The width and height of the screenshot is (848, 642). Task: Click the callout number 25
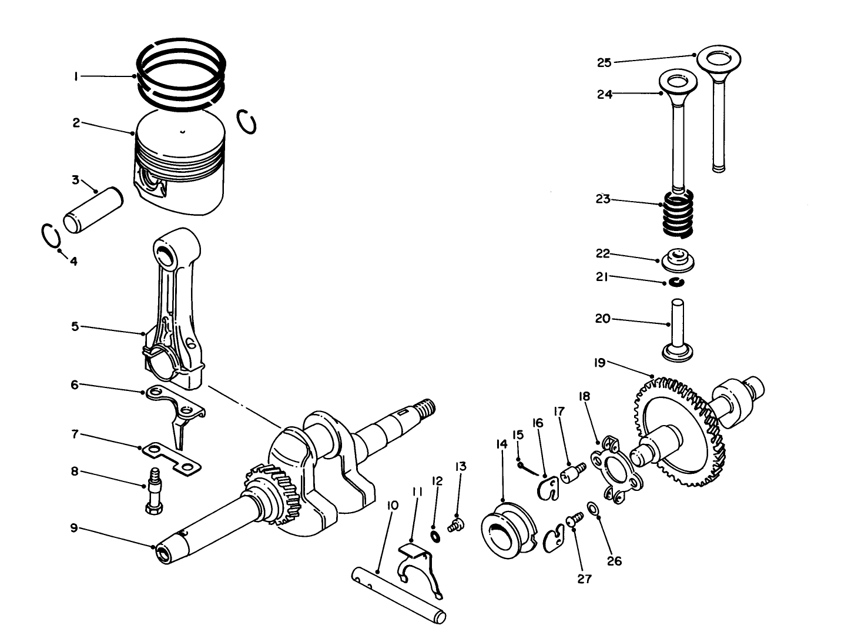604,62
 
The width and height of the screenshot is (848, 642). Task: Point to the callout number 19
599,363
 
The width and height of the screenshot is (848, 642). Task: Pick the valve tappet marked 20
679,332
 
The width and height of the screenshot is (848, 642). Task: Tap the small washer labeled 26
594,508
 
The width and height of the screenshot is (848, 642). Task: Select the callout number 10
393,505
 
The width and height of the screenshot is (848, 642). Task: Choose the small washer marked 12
434,536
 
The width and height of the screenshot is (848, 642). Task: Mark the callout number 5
75,326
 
